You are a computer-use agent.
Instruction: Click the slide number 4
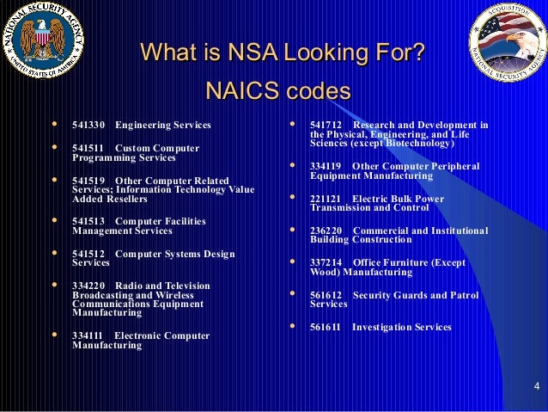click(x=535, y=384)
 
